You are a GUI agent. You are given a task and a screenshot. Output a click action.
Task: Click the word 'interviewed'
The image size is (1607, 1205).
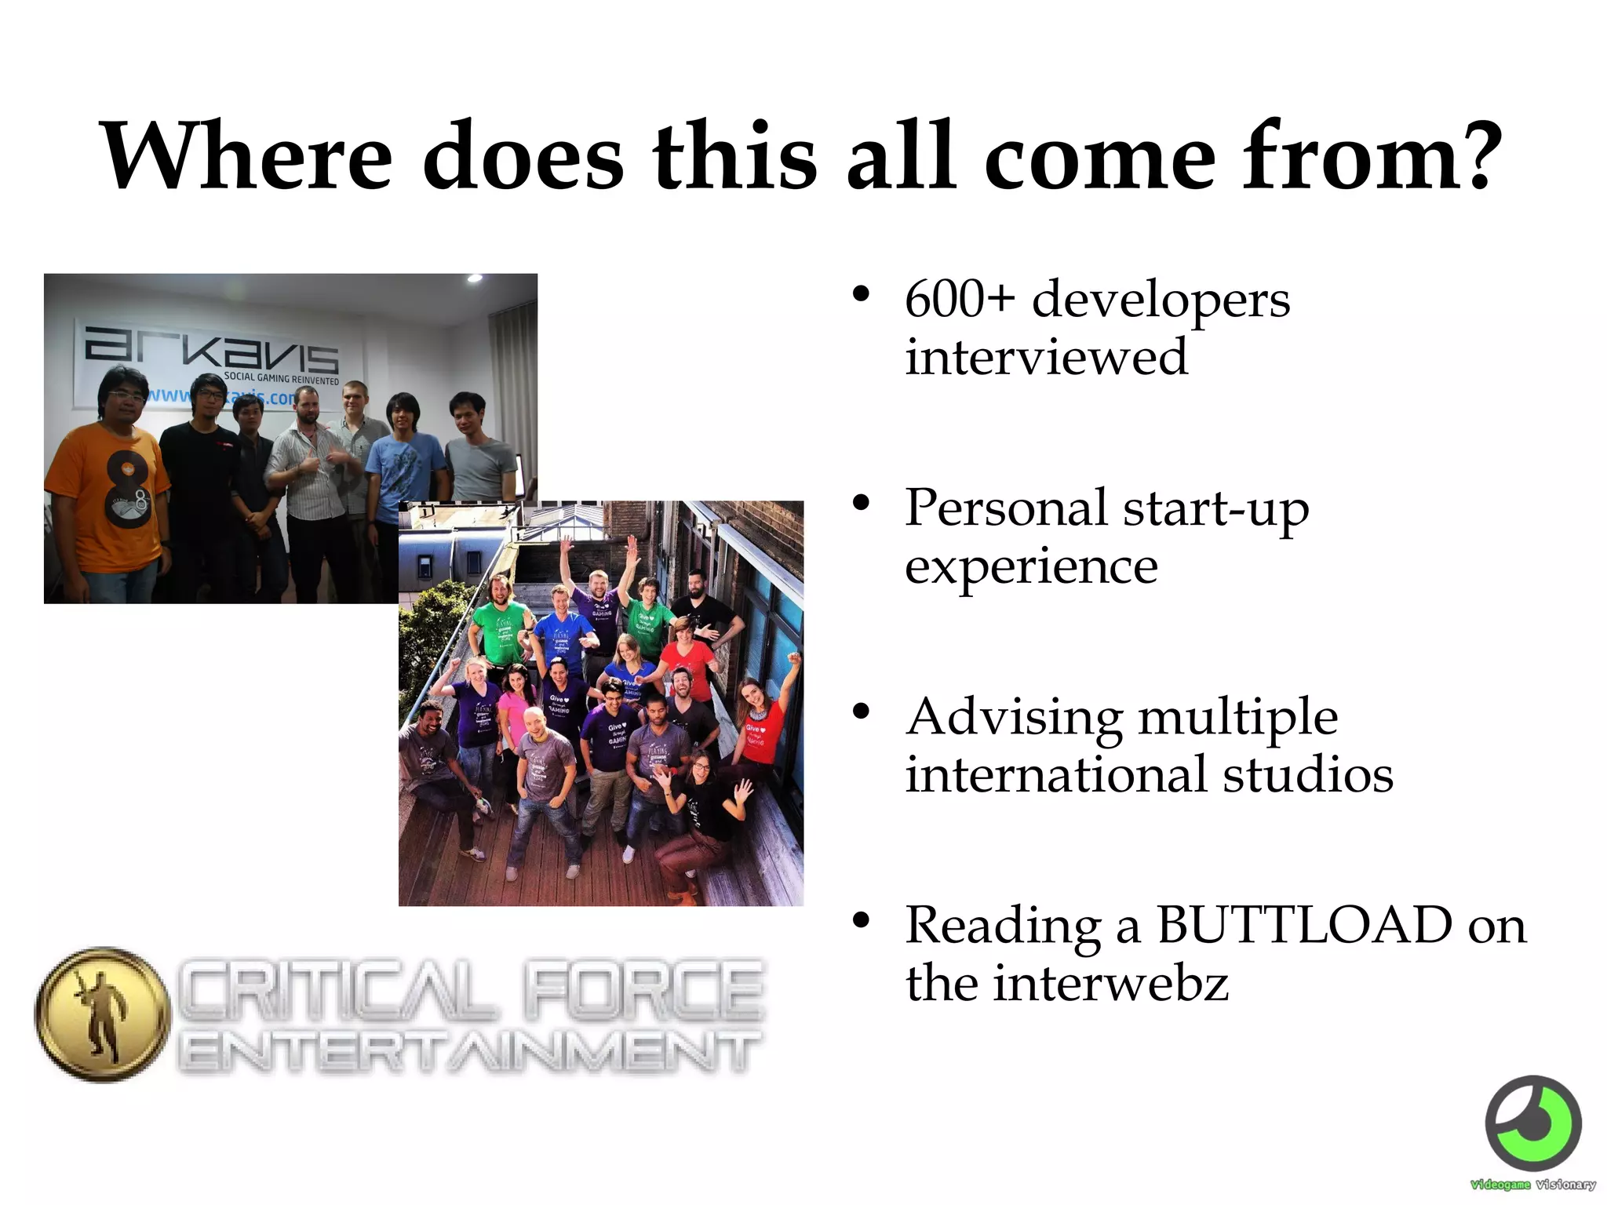point(1046,357)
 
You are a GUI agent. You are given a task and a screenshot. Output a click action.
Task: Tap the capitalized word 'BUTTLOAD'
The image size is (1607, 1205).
point(1303,925)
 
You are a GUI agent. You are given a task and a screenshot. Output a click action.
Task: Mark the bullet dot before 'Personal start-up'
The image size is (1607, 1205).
point(862,503)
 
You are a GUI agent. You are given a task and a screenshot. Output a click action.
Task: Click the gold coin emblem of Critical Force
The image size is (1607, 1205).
point(102,1015)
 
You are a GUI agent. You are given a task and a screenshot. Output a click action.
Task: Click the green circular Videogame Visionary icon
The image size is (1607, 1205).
point(1533,1123)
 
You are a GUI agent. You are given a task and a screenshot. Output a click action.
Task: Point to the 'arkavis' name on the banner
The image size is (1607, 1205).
point(212,349)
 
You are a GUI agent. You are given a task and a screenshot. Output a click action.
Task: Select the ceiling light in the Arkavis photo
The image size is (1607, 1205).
point(475,278)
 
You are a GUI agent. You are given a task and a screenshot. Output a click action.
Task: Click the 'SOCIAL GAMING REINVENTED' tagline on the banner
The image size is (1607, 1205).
point(281,378)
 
